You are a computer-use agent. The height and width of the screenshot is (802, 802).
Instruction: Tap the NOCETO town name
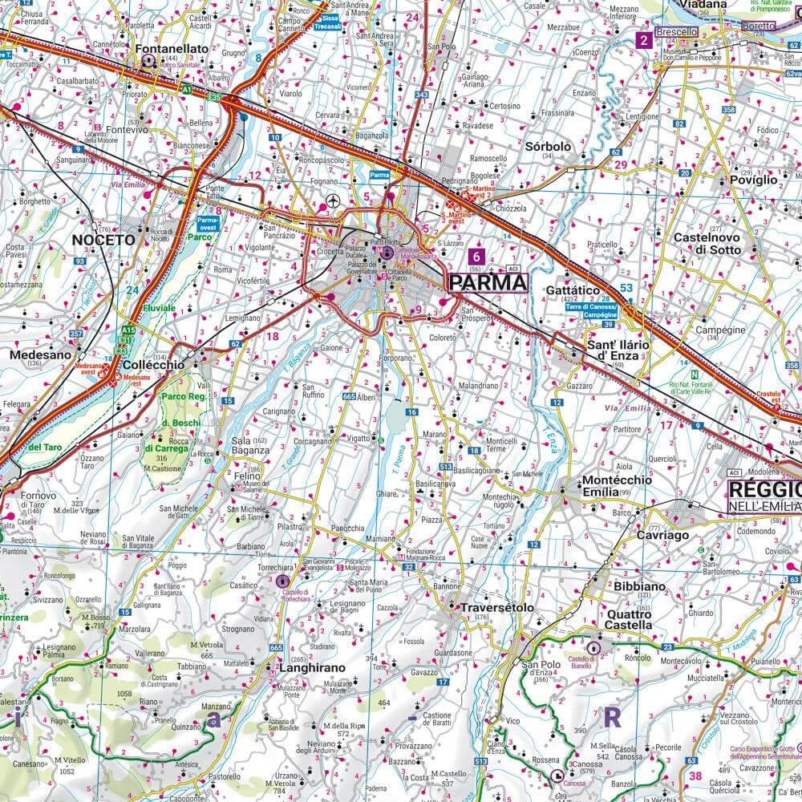103,240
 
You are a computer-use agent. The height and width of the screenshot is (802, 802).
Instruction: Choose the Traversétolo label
497,608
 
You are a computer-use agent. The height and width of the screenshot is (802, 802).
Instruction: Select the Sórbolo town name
548,147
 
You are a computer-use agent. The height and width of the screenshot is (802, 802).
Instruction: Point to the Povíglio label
753,180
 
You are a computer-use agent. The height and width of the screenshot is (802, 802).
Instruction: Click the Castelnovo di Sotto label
707,244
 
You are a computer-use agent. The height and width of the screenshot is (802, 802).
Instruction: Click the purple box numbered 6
478,257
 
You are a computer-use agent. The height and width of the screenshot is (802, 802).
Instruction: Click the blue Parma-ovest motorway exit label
208,222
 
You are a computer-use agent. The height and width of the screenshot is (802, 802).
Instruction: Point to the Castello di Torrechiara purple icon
282,581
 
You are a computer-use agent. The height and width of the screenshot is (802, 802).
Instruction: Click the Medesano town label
36,354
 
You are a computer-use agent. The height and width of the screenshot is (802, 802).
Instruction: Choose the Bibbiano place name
639,586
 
